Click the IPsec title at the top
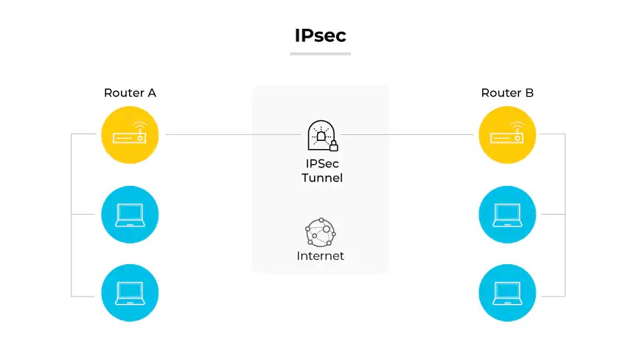point(320,35)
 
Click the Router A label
point(130,93)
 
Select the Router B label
point(507,93)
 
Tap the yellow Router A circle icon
point(130,135)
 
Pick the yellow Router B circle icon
point(507,135)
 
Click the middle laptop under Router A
point(130,214)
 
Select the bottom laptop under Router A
point(130,293)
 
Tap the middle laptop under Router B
point(507,214)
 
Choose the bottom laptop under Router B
point(507,293)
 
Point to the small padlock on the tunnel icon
point(333,145)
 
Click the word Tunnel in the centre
point(321,178)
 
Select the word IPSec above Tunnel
point(321,163)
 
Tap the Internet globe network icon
point(320,232)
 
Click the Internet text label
point(320,256)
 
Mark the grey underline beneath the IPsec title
point(320,53)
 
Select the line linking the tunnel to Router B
point(406,135)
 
